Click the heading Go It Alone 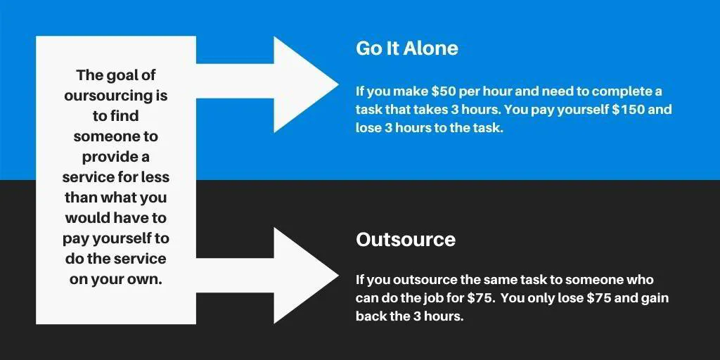[406, 49]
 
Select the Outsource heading [406, 240]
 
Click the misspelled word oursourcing [116, 95]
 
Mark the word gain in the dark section [654, 298]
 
